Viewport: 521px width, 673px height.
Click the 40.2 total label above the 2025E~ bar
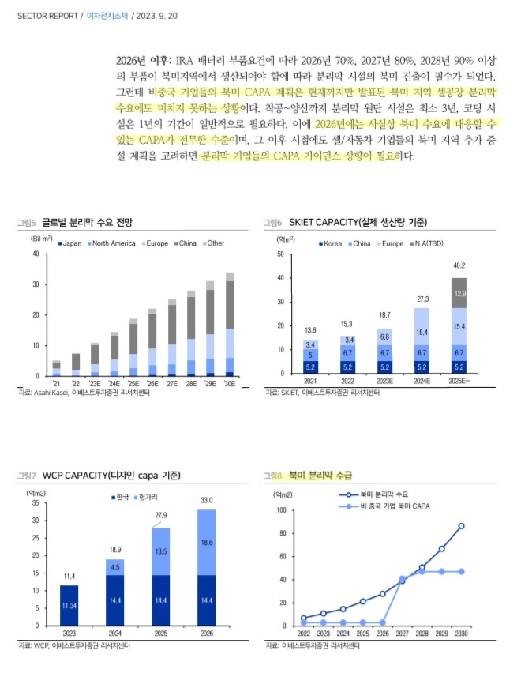click(459, 265)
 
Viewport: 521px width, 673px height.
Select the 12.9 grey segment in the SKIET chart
click(459, 293)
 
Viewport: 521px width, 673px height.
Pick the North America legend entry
click(113, 243)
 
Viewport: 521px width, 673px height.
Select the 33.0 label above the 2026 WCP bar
click(208, 500)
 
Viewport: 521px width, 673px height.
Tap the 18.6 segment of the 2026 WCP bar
click(208, 543)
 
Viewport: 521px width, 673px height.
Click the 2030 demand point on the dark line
click(461, 526)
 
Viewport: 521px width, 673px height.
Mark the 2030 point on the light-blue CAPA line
click(461, 571)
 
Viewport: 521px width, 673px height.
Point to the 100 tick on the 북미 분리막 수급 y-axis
click(282, 510)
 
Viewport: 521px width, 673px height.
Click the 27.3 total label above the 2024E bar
click(422, 299)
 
